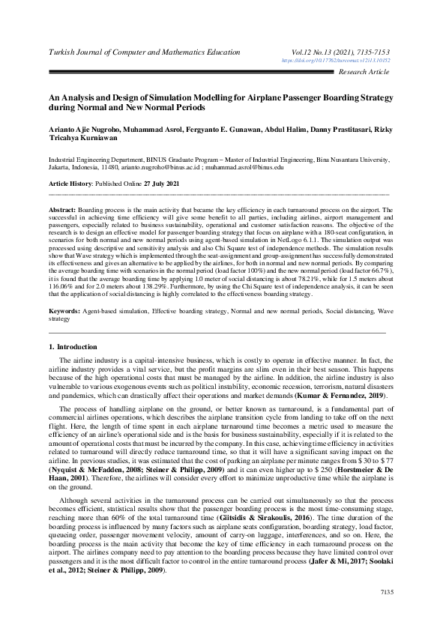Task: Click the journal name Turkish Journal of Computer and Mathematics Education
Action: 144,52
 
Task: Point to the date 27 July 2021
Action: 163,184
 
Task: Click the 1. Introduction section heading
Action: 73,348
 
